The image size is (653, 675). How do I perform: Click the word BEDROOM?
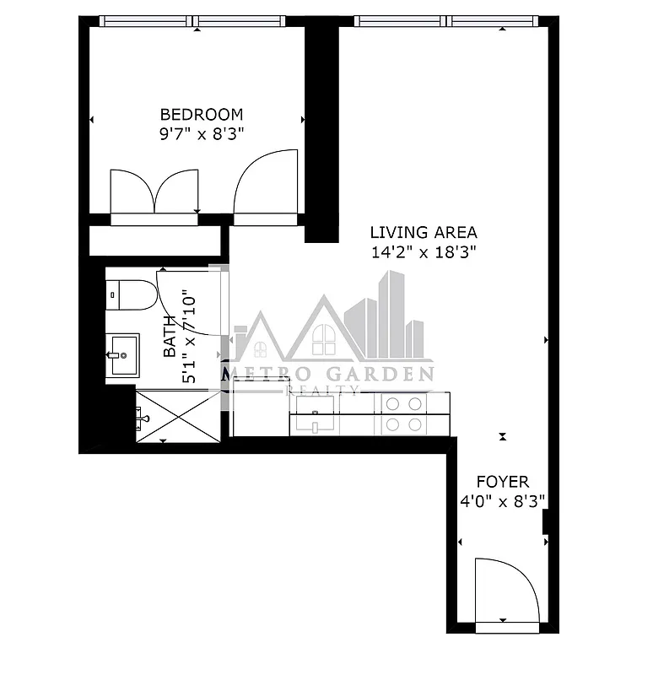pyautogui.click(x=202, y=114)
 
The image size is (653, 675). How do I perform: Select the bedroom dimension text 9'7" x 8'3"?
pyautogui.click(x=202, y=132)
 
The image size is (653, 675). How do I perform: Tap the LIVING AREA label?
pyautogui.click(x=424, y=232)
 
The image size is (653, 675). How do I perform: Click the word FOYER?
pyautogui.click(x=503, y=482)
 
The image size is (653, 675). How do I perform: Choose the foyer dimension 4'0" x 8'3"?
pyautogui.click(x=503, y=500)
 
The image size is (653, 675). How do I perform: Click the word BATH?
pyautogui.click(x=170, y=336)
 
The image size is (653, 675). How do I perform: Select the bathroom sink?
pyautogui.click(x=122, y=354)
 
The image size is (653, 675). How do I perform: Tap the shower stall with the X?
pyautogui.click(x=177, y=415)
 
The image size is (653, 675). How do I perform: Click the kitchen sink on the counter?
pyautogui.click(x=315, y=414)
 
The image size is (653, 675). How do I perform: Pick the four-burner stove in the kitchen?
pyautogui.click(x=403, y=414)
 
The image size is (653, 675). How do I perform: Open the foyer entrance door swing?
pyautogui.click(x=505, y=591)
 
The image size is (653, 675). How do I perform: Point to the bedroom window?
pyautogui.click(x=195, y=21)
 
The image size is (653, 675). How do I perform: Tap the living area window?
pyautogui.click(x=445, y=21)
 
